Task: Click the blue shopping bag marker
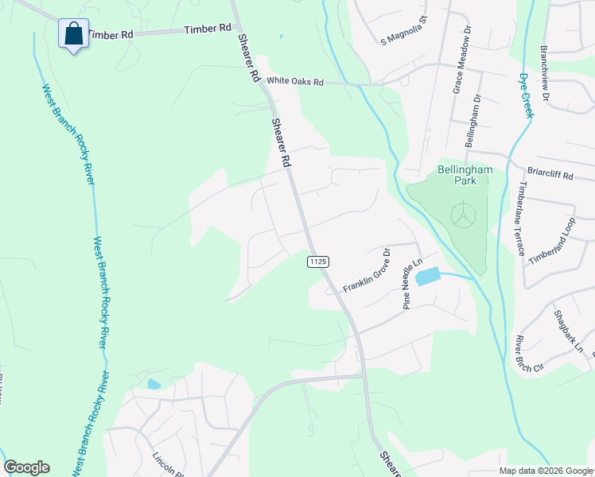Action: [x=73, y=34]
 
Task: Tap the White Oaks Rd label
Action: [x=295, y=81]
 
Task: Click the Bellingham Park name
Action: [x=465, y=176]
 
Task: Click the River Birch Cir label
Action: [x=527, y=354]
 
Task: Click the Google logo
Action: [x=26, y=467]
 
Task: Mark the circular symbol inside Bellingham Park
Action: [x=461, y=215]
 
